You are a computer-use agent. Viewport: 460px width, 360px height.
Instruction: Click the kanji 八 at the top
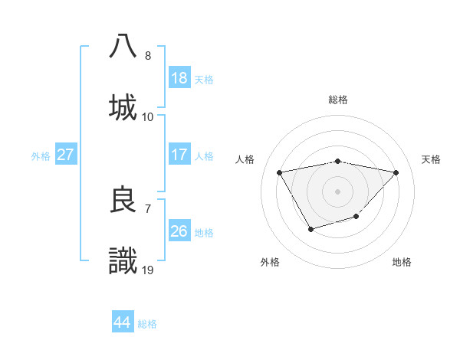(x=123, y=45)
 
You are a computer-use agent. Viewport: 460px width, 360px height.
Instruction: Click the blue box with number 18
(x=179, y=78)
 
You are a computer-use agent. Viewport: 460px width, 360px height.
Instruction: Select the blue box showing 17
(x=179, y=155)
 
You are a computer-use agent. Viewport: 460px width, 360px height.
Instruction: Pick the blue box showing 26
(x=179, y=231)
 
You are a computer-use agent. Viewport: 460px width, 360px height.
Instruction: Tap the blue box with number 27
(x=65, y=155)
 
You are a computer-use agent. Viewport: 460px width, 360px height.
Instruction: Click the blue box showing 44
(x=122, y=322)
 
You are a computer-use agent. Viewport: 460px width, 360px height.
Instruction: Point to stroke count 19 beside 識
(x=148, y=270)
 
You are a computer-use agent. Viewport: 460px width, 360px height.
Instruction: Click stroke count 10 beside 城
(x=148, y=116)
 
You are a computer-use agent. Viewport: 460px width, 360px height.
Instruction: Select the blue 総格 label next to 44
(x=147, y=324)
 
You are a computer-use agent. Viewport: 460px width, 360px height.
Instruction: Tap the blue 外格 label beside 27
(x=41, y=155)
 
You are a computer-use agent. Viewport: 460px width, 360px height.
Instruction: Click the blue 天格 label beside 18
(x=204, y=79)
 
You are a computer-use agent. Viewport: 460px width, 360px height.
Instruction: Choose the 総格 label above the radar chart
(x=338, y=100)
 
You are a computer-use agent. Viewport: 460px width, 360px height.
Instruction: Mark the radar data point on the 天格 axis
(x=396, y=172)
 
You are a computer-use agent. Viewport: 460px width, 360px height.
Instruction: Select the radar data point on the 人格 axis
(x=280, y=172)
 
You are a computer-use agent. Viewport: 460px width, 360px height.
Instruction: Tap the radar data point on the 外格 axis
(x=310, y=228)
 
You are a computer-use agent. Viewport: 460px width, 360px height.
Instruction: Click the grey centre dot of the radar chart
(x=337, y=191)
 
